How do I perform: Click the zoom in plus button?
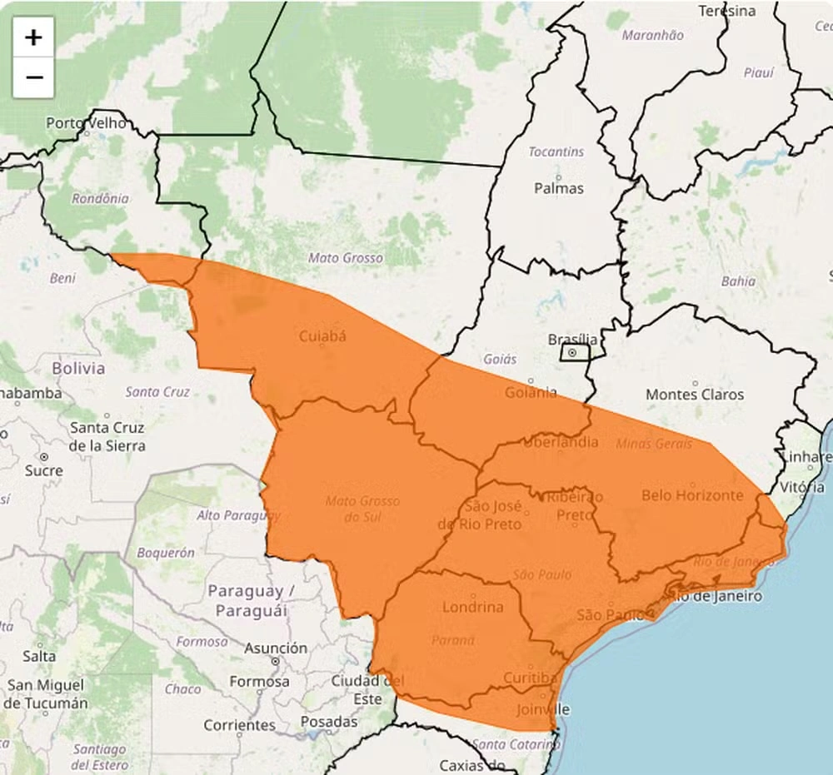tap(33, 37)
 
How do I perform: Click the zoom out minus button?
tap(33, 78)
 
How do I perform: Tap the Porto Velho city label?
tap(87, 123)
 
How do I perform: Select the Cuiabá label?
tap(322, 336)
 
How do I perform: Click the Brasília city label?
tap(572, 339)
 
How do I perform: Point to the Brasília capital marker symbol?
tap(572, 353)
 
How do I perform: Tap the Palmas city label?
tap(559, 188)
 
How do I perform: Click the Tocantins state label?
tap(556, 152)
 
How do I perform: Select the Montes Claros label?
tap(695, 394)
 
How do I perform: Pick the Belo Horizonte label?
tap(691, 495)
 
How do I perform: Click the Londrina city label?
tap(473, 607)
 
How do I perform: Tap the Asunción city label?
tap(276, 648)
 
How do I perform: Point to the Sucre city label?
tap(44, 470)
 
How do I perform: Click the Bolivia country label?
tap(78, 367)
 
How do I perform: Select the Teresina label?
tap(727, 11)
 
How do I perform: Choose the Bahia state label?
tap(738, 281)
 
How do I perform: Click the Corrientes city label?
tap(239, 725)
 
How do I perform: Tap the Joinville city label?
tap(542, 709)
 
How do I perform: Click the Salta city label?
tap(39, 656)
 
